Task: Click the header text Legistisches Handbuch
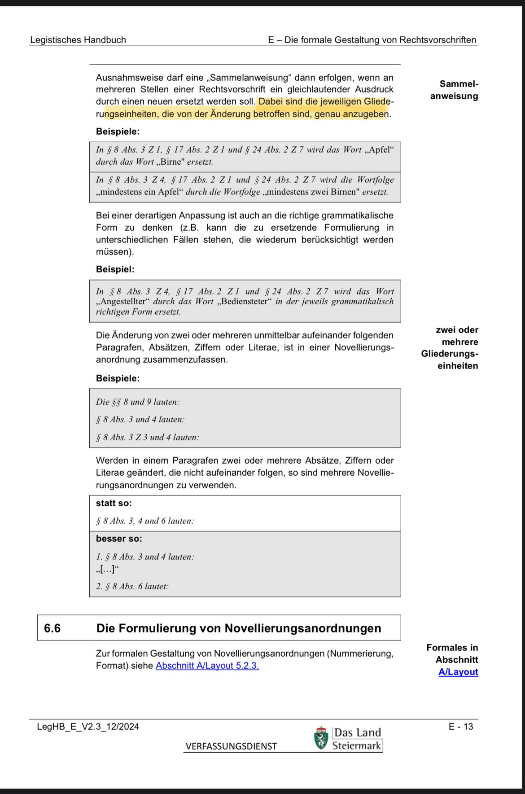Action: (78, 40)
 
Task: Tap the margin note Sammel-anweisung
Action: (454, 90)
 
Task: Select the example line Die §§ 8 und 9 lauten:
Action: (138, 402)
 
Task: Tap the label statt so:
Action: (114, 503)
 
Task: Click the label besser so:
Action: (119, 539)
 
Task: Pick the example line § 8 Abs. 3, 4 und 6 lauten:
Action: (145, 521)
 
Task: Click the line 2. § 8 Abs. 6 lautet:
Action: (132, 586)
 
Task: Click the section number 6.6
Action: (52, 628)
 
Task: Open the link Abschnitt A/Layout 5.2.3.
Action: (207, 666)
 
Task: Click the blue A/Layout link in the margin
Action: (458, 672)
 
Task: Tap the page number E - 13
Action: (461, 727)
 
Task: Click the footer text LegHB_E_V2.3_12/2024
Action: (88, 727)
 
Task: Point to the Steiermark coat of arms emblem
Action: (321, 739)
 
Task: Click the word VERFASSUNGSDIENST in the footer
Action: (231, 746)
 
